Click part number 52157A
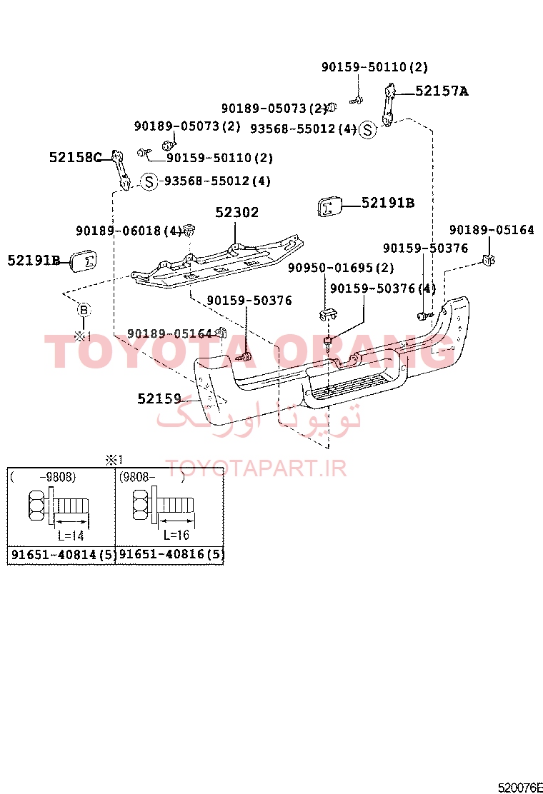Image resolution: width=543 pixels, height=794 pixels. pyautogui.click(x=442, y=91)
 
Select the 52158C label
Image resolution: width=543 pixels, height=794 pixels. pyautogui.click(x=76, y=158)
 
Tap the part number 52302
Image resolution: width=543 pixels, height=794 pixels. pyautogui.click(x=237, y=212)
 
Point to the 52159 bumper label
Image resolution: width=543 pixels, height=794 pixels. pyautogui.click(x=159, y=399)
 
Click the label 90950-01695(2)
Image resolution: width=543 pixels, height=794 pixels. pyautogui.click(x=341, y=267)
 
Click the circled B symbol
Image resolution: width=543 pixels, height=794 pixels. pyautogui.click(x=84, y=311)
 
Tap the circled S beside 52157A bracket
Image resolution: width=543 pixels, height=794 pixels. pyautogui.click(x=368, y=130)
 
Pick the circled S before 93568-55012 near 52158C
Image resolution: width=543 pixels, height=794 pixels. pyautogui.click(x=149, y=181)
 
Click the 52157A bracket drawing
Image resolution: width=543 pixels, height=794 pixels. pyautogui.click(x=389, y=106)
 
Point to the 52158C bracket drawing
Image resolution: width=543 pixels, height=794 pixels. pyautogui.click(x=120, y=170)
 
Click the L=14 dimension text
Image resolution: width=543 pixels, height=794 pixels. pyautogui.click(x=71, y=536)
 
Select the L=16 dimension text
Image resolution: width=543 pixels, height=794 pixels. pyautogui.click(x=176, y=535)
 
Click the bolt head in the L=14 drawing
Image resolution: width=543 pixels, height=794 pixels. pyautogui.click(x=39, y=506)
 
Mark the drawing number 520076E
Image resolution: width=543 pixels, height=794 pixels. pyautogui.click(x=520, y=788)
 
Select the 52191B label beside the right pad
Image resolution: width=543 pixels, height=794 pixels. pyautogui.click(x=388, y=203)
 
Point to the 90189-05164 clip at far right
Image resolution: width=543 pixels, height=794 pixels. pyautogui.click(x=489, y=261)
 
